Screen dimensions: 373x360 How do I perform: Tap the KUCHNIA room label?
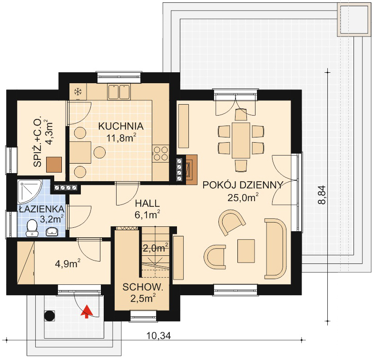pos(121,126)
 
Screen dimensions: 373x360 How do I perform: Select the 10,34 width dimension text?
pos(158,336)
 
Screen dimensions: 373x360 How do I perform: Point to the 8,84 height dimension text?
pos(322,195)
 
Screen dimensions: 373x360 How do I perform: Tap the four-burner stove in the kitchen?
pos(160,153)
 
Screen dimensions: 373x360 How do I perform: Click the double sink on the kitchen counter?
pos(119,92)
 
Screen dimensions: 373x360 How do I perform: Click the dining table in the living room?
pos(241,140)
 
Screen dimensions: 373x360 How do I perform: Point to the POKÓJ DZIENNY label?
pos(243,185)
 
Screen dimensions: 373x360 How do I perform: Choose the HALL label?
pos(147,204)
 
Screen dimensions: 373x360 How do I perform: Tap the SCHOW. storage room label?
pos(143,287)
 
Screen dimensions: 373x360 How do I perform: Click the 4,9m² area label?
pos(68,263)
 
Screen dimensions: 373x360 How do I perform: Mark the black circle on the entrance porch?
pos(49,316)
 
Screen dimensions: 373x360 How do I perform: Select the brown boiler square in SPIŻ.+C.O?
pos(54,165)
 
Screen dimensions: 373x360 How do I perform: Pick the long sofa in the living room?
pos(275,248)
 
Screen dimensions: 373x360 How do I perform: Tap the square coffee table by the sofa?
pos(246,251)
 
